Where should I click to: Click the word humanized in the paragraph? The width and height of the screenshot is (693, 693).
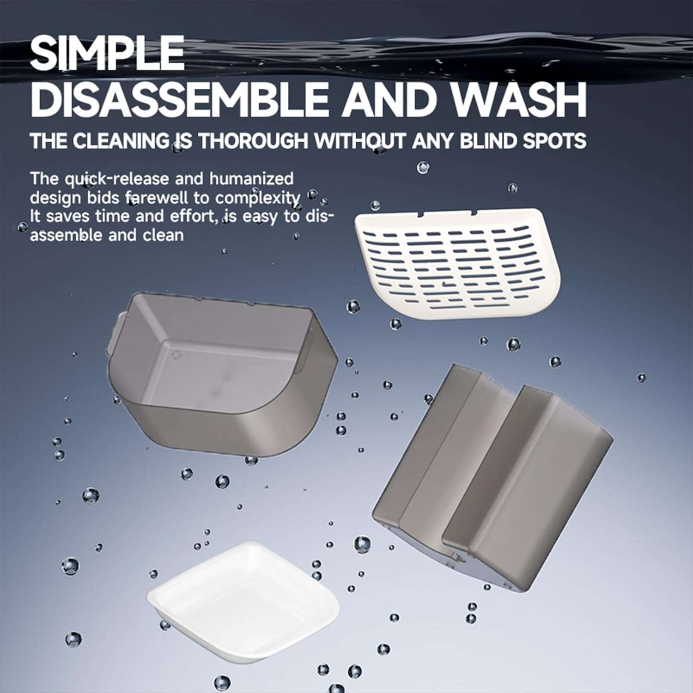coord(251,178)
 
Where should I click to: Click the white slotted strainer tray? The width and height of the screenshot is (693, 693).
coord(457,263)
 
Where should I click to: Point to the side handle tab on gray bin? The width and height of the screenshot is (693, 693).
coord(117,333)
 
